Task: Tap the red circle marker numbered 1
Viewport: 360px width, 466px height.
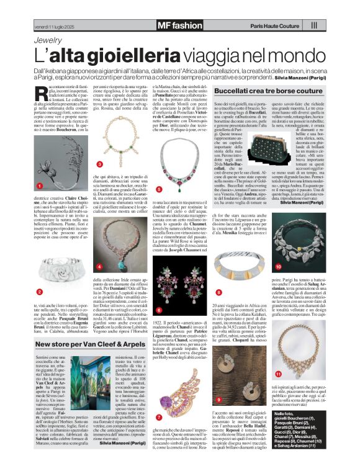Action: [x=39, y=186]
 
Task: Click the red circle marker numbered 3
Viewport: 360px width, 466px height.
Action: [x=100, y=164]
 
